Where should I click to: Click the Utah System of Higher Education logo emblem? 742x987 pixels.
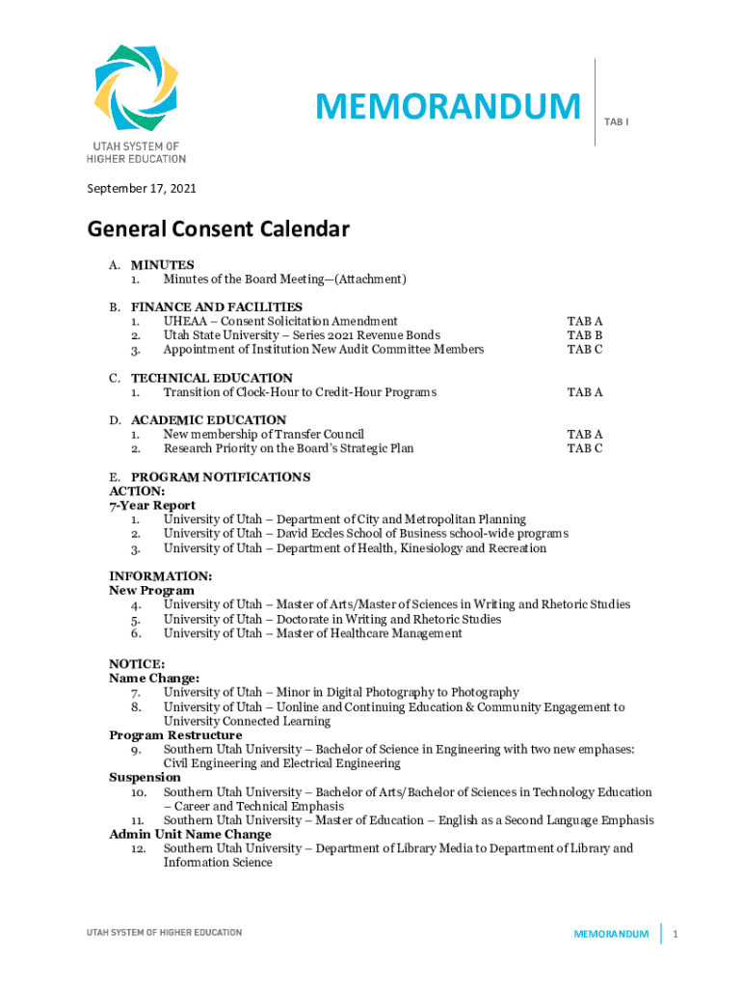(x=136, y=88)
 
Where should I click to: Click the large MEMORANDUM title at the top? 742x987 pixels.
(x=448, y=107)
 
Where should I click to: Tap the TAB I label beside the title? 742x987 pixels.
(x=617, y=122)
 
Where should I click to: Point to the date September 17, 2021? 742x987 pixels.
(x=142, y=189)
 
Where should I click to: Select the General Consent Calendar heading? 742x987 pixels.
(x=218, y=229)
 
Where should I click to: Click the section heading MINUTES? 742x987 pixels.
(x=162, y=265)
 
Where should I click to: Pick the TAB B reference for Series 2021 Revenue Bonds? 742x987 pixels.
(x=585, y=335)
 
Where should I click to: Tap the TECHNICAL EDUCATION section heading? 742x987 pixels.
(x=211, y=378)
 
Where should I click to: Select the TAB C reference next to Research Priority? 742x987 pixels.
(x=585, y=448)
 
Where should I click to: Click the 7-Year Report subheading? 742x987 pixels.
(x=152, y=505)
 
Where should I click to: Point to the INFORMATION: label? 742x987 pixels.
(x=161, y=576)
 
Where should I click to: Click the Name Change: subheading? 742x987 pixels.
(x=154, y=678)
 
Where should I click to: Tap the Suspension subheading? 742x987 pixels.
(x=145, y=777)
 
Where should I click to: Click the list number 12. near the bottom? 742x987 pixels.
(x=139, y=848)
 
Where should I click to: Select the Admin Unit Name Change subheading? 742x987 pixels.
(x=190, y=834)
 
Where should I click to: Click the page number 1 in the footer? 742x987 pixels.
(x=676, y=934)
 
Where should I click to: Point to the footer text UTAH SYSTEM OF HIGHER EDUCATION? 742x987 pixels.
(x=164, y=933)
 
